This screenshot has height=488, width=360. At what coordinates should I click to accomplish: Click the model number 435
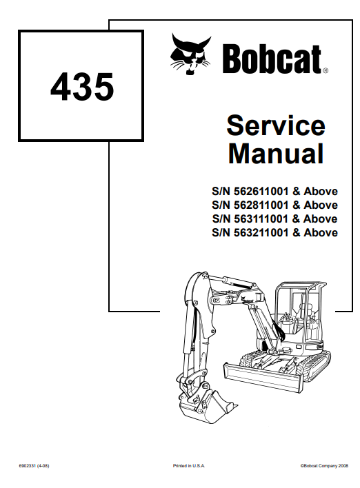[x=82, y=87]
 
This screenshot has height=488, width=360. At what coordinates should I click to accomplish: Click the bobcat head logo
[x=190, y=54]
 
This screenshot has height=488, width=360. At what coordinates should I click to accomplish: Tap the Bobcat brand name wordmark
[x=272, y=59]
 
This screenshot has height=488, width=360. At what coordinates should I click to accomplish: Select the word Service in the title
[x=276, y=125]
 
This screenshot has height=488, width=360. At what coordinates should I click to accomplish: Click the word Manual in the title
[x=276, y=153]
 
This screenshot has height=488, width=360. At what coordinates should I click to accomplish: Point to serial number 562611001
[x=261, y=191]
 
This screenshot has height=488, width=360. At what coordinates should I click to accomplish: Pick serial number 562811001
[x=261, y=205]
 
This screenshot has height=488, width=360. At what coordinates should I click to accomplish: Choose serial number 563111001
[x=261, y=218]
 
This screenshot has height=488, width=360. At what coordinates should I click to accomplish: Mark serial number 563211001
[x=261, y=232]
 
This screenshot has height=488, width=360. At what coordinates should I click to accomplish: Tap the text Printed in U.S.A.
[x=189, y=466]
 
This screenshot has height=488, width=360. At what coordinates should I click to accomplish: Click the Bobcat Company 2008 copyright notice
[x=324, y=466]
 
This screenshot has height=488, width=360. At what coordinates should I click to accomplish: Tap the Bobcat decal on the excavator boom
[x=246, y=301]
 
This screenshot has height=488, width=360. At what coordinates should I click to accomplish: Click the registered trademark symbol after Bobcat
[x=325, y=71]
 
